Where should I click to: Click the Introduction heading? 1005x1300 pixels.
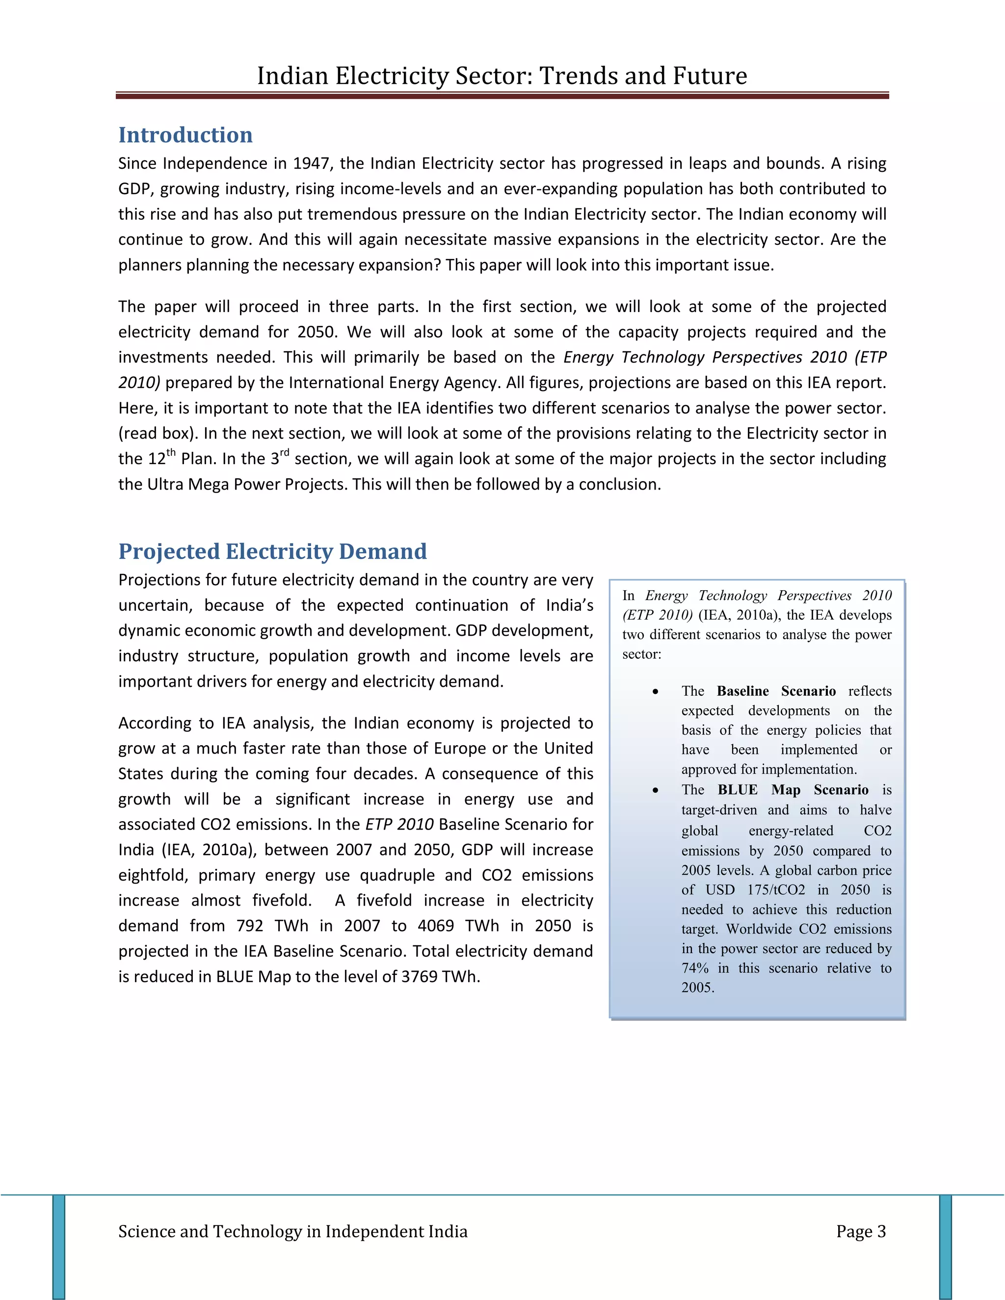click(x=185, y=135)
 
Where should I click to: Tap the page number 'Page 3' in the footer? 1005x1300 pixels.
click(x=860, y=1231)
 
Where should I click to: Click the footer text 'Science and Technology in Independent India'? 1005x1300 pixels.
click(x=292, y=1231)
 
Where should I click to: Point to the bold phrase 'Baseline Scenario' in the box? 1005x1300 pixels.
click(x=776, y=691)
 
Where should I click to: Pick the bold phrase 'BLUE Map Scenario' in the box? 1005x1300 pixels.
click(x=793, y=790)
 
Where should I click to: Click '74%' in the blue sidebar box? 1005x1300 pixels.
click(x=695, y=968)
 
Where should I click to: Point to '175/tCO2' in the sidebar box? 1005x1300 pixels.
click(x=776, y=890)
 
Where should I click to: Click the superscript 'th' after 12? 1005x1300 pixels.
click(x=171, y=453)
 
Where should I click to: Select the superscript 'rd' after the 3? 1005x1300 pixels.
click(x=284, y=453)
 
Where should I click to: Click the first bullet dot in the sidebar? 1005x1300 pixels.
click(x=655, y=692)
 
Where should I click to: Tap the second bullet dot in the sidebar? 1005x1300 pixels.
click(x=655, y=790)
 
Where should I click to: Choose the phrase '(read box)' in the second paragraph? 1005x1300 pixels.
click(x=158, y=433)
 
